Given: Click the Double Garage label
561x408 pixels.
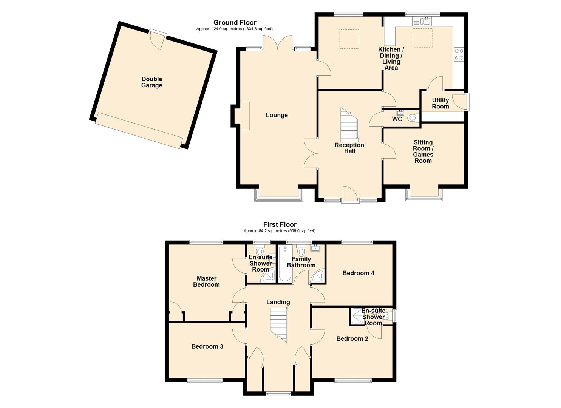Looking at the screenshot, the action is click(152, 82).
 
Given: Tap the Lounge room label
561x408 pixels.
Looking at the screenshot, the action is click(277, 115).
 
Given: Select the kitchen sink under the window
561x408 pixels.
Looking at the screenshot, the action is click(421, 21).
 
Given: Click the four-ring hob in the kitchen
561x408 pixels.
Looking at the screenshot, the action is click(459, 54).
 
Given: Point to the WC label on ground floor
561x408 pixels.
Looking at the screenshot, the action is click(397, 119).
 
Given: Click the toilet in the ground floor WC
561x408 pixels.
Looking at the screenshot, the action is click(413, 118).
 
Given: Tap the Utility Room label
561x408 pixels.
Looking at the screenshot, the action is click(440, 103).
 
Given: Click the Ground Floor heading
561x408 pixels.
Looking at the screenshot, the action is click(235, 23).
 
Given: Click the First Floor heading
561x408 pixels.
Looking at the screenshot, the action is click(280, 224).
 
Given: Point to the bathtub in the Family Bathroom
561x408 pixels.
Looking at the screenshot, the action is click(285, 263).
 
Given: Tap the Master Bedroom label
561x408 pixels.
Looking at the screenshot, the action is click(206, 281).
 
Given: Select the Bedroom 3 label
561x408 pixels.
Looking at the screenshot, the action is click(207, 346).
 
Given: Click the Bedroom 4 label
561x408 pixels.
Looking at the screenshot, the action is click(359, 273).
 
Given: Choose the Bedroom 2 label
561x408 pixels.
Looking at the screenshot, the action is click(352, 338).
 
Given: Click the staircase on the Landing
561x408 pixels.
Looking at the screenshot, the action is click(278, 325).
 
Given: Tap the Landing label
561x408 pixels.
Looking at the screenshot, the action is click(278, 302).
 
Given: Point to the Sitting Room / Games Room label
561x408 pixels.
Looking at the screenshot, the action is click(423, 151).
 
